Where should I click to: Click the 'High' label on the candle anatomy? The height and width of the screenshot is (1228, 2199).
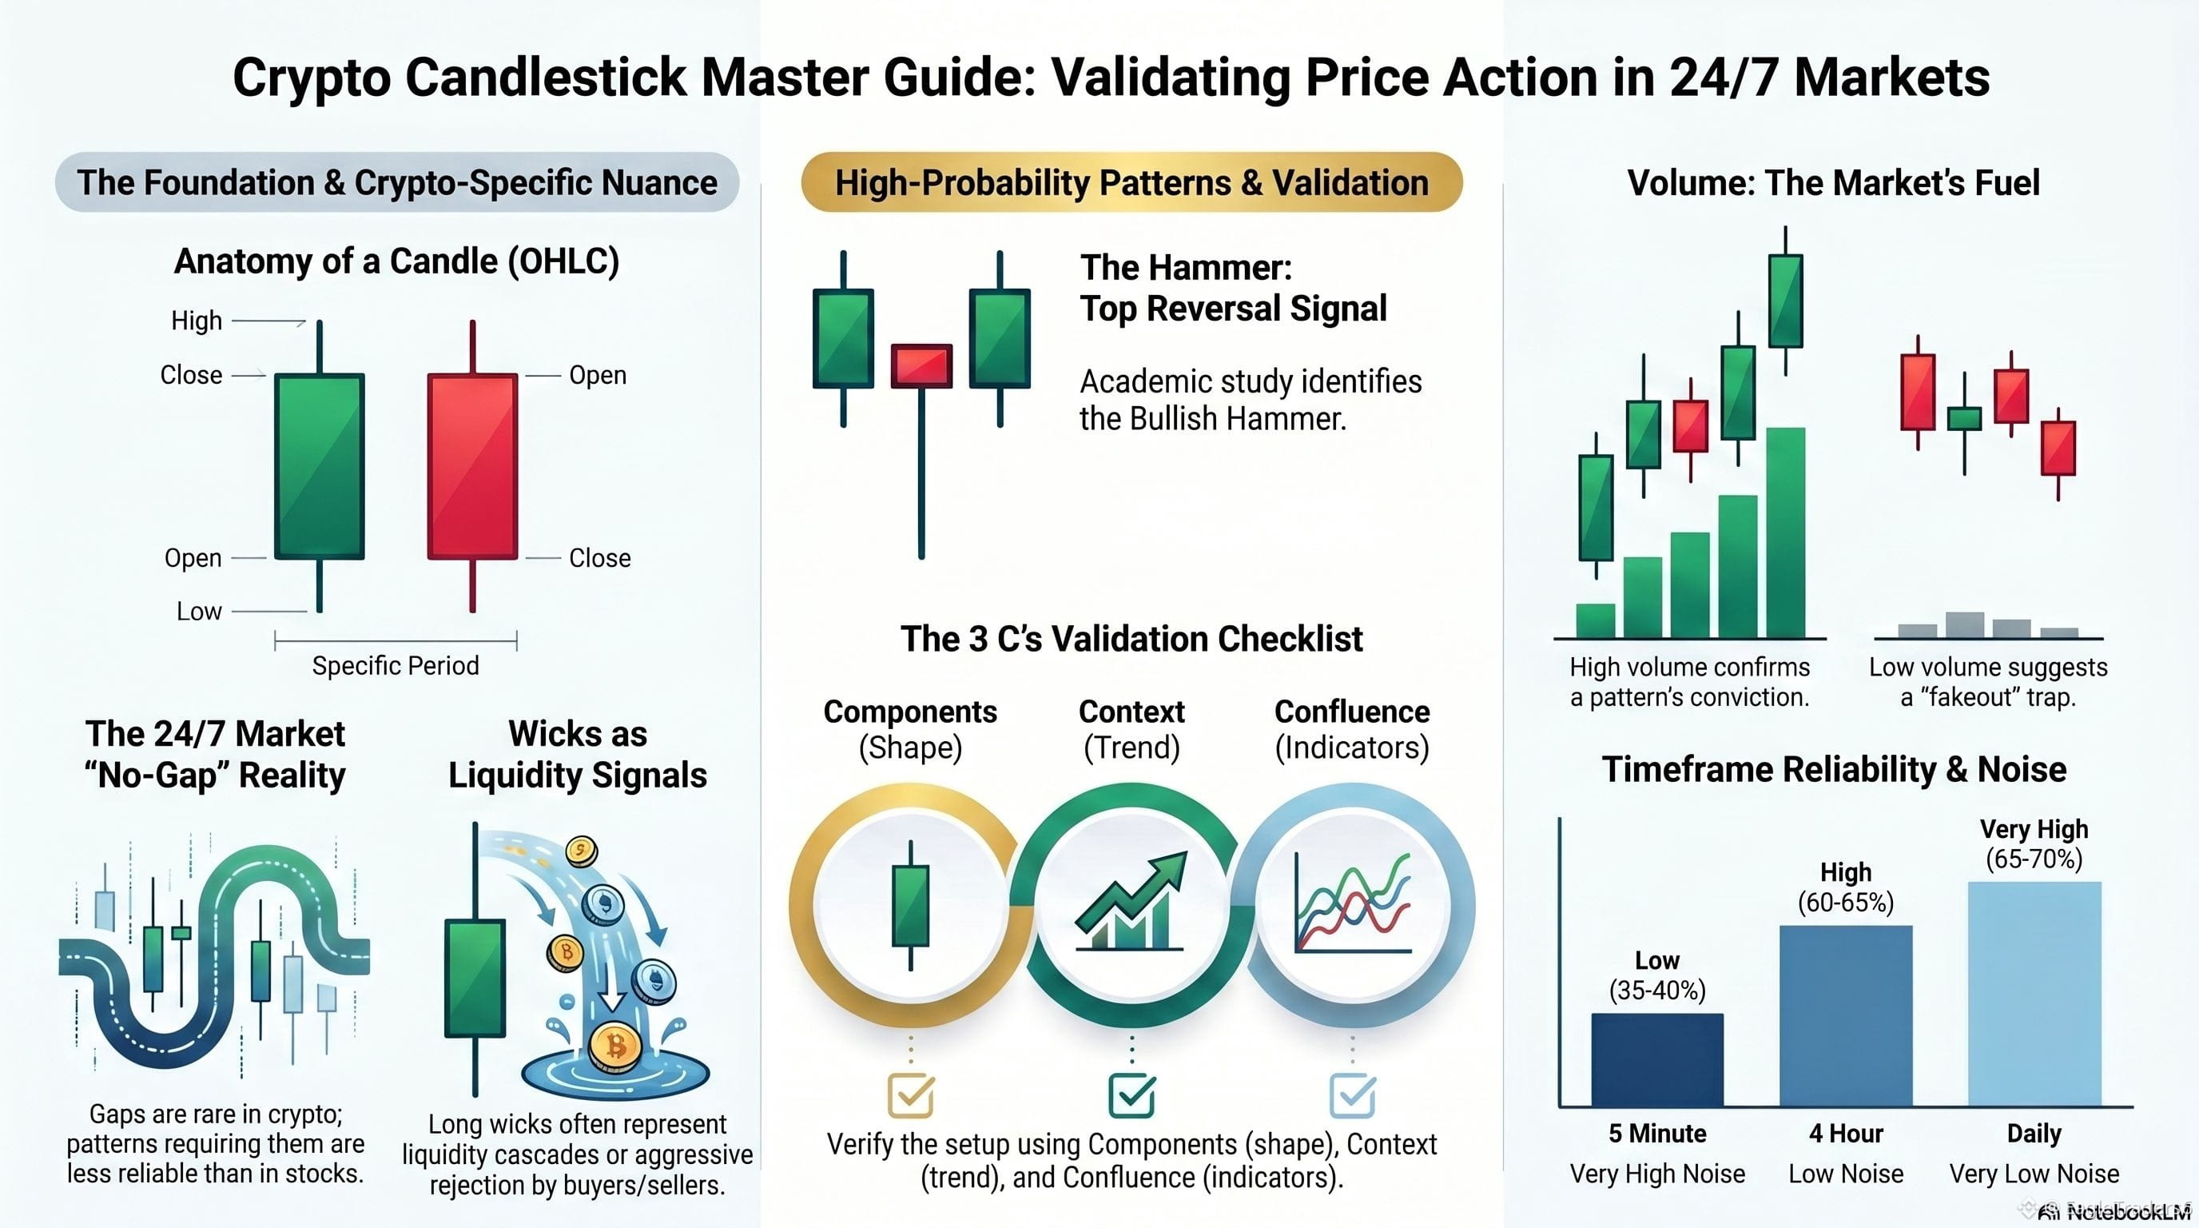[197, 321]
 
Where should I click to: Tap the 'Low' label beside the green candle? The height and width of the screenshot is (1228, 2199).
[199, 612]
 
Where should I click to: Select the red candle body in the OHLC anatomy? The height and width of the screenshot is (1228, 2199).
[472, 466]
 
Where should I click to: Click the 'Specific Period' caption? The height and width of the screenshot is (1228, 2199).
[396, 665]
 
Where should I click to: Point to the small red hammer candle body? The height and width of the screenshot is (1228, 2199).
[921, 366]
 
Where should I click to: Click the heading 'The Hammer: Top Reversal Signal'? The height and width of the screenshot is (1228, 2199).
[1233, 288]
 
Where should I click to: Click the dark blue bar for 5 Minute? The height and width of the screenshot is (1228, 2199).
[1657, 1060]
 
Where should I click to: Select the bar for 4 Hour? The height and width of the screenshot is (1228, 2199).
[1846, 1016]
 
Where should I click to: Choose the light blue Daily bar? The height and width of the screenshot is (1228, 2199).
[2034, 994]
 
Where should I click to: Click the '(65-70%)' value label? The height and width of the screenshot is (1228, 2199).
[2034, 858]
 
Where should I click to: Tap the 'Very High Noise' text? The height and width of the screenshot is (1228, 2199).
[1657, 1174]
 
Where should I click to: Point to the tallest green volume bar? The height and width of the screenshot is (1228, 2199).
[1786, 533]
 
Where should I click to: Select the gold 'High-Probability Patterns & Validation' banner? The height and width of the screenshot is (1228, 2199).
[1132, 182]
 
